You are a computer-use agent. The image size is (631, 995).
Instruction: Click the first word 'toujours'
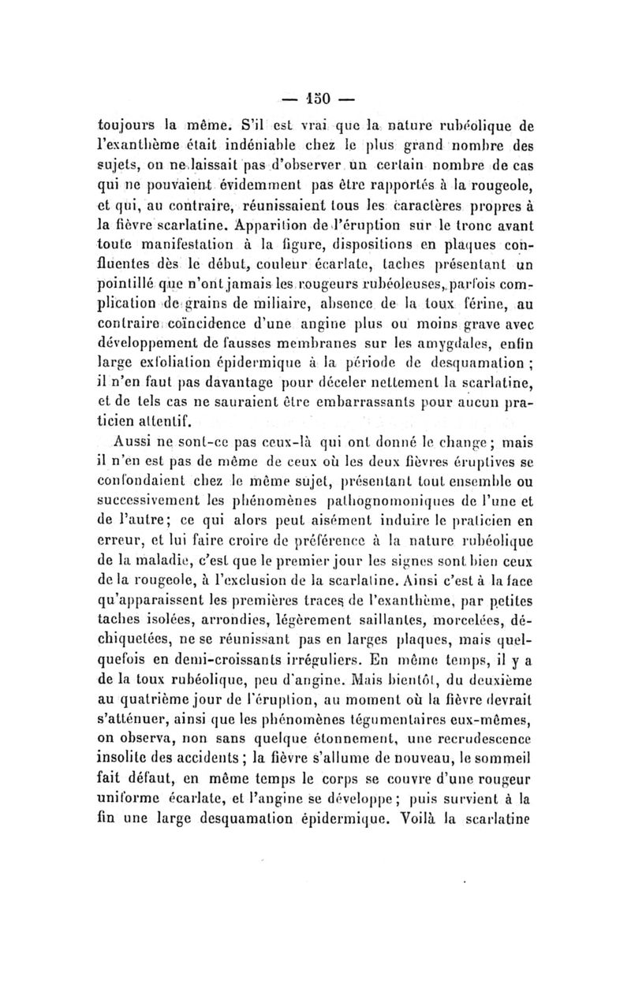[x=129, y=124]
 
